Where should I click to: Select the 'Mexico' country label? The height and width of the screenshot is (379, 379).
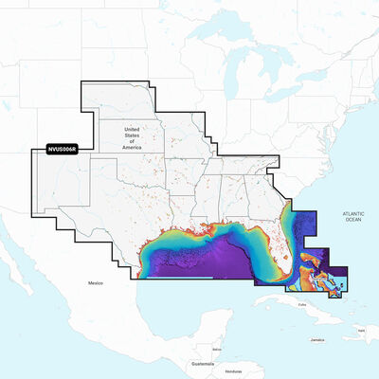tap(95, 283)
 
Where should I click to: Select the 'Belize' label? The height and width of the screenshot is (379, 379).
tap(217, 350)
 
